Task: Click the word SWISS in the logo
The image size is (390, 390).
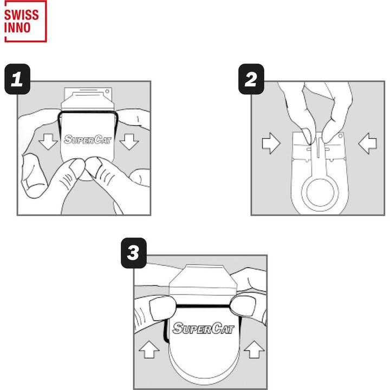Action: tap(22, 15)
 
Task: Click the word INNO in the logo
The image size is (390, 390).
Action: tap(17, 28)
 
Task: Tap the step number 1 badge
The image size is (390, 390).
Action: tap(17, 79)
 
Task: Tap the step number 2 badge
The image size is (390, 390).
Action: tap(251, 79)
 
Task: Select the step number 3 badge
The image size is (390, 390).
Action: tap(134, 253)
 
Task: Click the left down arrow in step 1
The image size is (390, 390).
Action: tap(48, 141)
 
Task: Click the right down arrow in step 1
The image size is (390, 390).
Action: tap(129, 141)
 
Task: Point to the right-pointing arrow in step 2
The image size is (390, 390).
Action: tap(271, 143)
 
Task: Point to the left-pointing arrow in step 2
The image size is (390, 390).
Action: tap(367, 143)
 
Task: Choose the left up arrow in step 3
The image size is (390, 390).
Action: tap(149, 349)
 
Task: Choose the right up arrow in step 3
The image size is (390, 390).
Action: tap(254, 349)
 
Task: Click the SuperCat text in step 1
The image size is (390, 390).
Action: tap(88, 140)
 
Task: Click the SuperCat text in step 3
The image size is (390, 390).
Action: tap(203, 328)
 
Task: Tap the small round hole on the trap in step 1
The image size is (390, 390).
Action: tap(107, 92)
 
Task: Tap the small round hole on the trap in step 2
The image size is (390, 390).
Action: tap(340, 136)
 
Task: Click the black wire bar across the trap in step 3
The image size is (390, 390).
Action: tap(203, 305)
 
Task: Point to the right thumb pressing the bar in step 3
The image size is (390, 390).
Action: tap(243, 307)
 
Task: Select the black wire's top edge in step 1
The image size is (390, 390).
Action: tap(88, 112)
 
